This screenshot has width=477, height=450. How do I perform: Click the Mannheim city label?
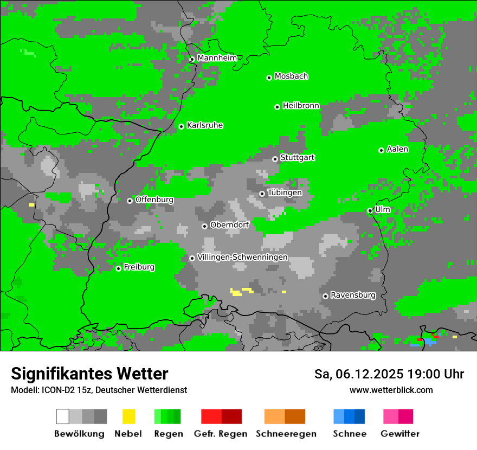[217, 58]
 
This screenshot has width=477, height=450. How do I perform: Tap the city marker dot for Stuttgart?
[275, 159]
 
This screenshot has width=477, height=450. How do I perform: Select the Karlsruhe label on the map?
[205, 125]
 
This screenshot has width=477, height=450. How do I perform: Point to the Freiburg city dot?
[118, 268]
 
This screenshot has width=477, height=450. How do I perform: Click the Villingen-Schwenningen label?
[242, 257]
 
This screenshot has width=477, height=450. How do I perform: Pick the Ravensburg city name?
[353, 295]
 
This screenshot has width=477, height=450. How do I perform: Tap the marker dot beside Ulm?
[370, 211]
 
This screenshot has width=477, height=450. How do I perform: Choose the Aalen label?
[397, 149]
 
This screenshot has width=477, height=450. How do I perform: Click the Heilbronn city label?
[301, 106]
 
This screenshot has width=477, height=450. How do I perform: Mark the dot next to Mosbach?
[269, 78]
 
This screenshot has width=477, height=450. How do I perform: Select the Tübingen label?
[285, 192]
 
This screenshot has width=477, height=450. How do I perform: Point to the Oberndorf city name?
[229, 224]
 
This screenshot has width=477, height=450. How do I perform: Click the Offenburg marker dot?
[130, 201]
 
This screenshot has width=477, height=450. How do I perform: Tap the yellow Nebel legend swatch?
[128, 416]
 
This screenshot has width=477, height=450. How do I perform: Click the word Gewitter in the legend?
[400, 434]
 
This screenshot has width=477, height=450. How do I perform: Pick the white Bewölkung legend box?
[63, 416]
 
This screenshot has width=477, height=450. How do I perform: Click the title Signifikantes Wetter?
[89, 374]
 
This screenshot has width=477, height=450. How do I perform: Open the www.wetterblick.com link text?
[391, 390]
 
